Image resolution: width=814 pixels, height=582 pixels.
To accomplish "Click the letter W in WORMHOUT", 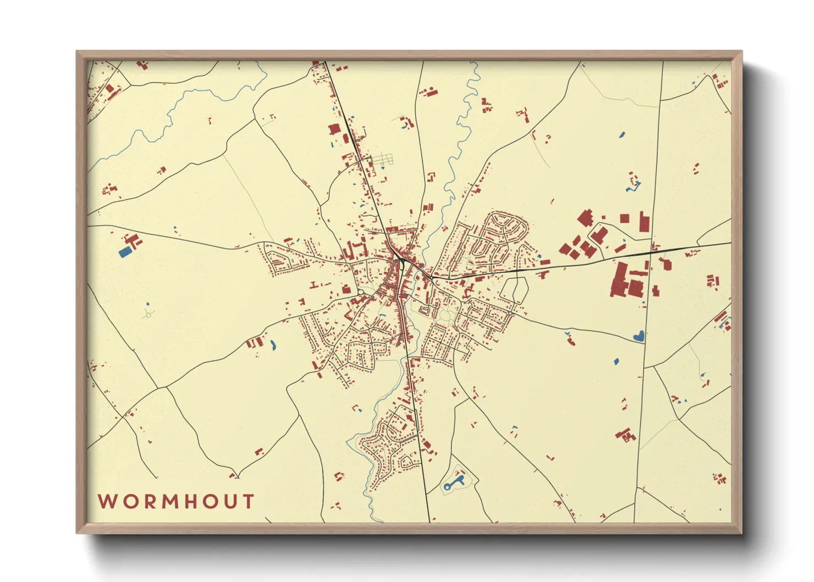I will (x=107, y=502).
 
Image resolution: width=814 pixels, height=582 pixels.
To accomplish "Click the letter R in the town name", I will (x=152, y=502).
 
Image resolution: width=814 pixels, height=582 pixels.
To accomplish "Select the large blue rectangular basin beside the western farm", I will (x=125, y=252).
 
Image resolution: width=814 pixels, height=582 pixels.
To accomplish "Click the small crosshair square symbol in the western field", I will (x=147, y=315).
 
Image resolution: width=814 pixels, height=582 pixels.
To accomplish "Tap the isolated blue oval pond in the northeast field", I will (x=622, y=134).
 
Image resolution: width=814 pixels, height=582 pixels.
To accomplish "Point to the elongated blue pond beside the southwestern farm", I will (x=272, y=346).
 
